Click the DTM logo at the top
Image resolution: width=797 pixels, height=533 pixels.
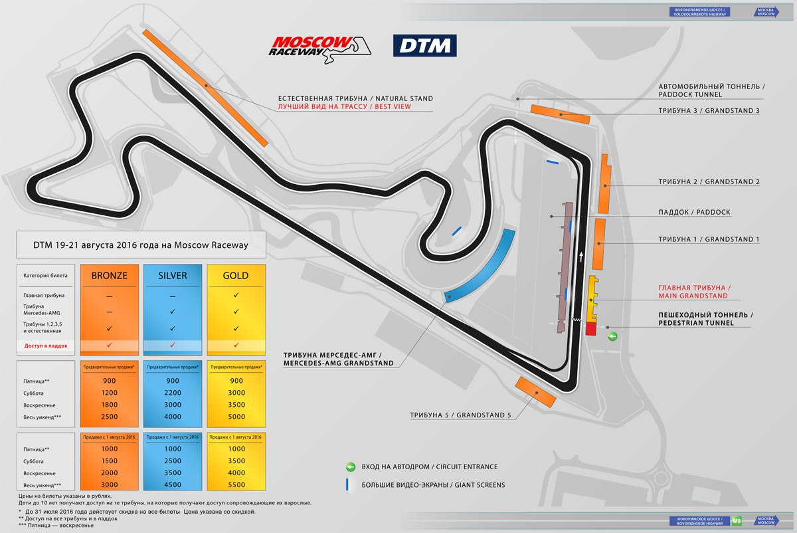click(x=424, y=45)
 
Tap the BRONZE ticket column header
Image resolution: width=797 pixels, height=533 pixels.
click(x=109, y=275)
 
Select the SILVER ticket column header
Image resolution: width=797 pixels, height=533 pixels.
click(x=172, y=275)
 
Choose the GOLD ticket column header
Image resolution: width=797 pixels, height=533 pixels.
click(x=236, y=275)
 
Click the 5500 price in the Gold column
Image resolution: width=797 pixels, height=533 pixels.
click(x=236, y=485)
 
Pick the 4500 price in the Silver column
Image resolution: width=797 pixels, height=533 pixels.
click(x=172, y=485)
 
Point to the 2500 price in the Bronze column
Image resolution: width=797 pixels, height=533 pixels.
click(x=109, y=417)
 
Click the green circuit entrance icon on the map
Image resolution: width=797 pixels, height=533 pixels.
click(x=613, y=336)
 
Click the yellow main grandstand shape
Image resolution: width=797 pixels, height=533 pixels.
click(x=592, y=298)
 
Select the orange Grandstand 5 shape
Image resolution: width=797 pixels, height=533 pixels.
click(x=535, y=391)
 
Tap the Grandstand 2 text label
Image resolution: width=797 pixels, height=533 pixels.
click(x=709, y=181)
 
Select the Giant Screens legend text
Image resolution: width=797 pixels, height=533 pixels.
click(x=433, y=485)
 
